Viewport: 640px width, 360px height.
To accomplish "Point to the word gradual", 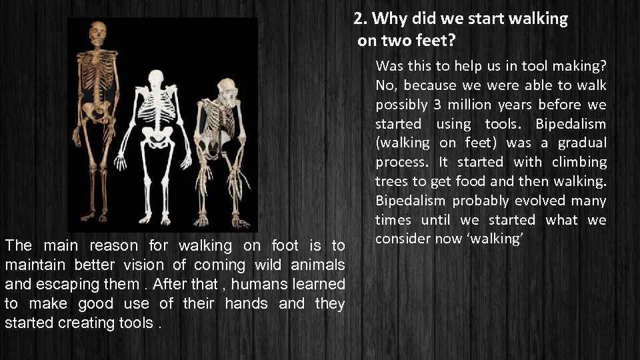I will (x=584, y=143).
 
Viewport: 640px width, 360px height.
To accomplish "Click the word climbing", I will (x=583, y=162).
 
